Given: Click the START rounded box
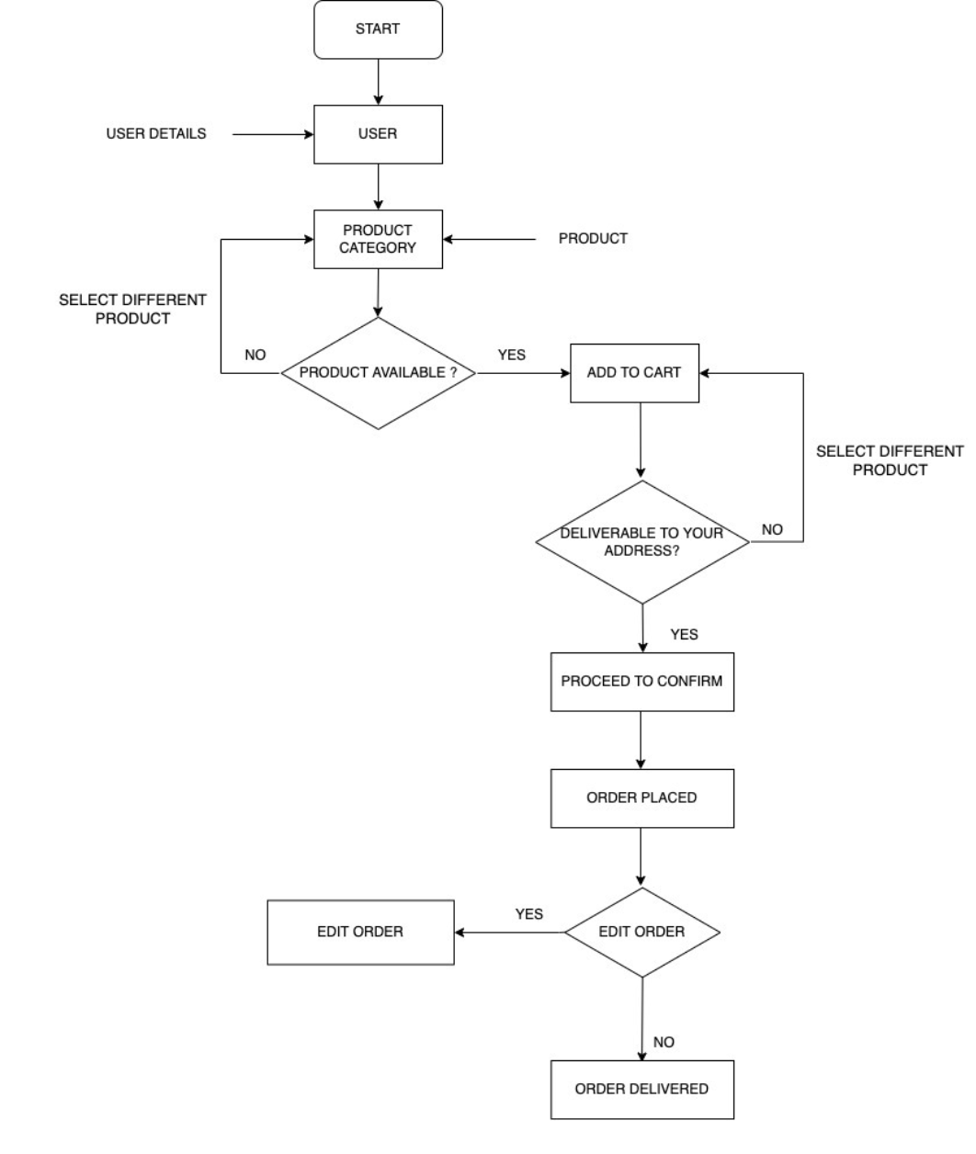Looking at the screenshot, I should click(378, 29).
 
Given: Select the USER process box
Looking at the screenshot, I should click(378, 134).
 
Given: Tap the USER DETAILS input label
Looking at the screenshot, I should click(156, 134).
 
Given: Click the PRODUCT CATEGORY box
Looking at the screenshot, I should click(378, 239).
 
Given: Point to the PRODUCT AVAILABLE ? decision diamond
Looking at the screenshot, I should click(378, 373).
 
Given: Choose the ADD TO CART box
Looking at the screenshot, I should click(634, 373).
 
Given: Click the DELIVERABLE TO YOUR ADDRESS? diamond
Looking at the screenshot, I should click(642, 542).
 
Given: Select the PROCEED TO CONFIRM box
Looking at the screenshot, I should click(641, 682).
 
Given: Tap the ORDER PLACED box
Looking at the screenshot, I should click(641, 798).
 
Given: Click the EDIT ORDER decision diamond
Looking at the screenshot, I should click(641, 932).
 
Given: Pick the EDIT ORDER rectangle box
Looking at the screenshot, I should click(360, 932).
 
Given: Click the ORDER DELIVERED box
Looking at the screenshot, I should click(641, 1089).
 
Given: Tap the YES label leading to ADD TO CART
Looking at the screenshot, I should click(512, 355).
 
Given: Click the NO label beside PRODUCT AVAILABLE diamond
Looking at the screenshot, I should click(255, 355).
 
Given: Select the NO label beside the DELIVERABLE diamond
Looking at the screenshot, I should click(772, 530).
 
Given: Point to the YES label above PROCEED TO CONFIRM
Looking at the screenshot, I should click(684, 634).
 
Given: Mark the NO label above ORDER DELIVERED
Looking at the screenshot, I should click(664, 1042).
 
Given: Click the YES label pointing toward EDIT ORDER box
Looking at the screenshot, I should click(529, 914).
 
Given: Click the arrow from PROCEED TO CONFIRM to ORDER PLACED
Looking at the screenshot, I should click(641, 740).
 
